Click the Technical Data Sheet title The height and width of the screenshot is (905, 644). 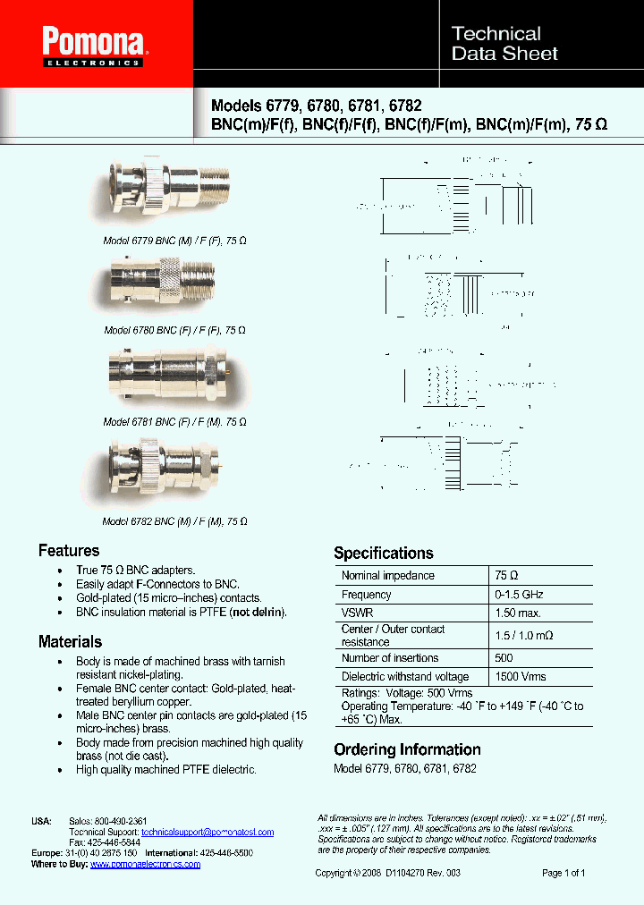[504, 44]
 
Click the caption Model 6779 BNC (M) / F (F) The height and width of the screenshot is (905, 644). [174, 241]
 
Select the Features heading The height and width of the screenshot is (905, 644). [69, 551]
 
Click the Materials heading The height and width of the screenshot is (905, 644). [70, 641]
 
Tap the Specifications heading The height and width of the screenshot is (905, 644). [383, 553]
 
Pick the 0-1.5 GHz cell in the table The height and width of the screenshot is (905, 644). [518, 595]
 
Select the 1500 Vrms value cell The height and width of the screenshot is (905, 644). [520, 677]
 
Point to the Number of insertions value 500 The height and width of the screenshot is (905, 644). [505, 658]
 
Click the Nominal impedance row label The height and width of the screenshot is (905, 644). [387, 576]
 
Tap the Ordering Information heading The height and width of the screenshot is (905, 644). [407, 749]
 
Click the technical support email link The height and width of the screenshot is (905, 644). [208, 832]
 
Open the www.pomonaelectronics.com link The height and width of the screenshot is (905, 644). [145, 864]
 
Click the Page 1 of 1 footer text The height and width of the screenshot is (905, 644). [563, 873]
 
